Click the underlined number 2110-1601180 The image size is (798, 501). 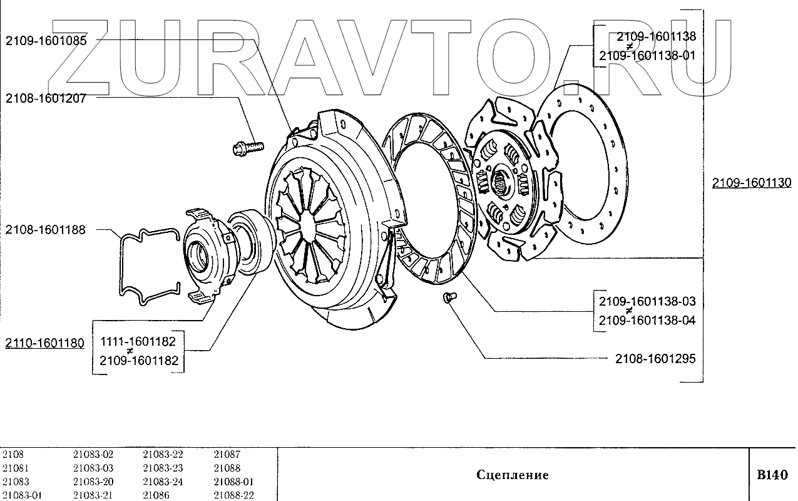tap(44, 343)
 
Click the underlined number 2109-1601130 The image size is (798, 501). tap(751, 183)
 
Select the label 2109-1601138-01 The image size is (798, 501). tap(647, 55)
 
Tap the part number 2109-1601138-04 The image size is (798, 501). tap(647, 320)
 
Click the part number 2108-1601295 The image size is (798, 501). tap(655, 359)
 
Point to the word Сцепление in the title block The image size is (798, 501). tap(512, 475)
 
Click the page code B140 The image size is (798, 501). tap(772, 475)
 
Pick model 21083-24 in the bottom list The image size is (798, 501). tap(163, 482)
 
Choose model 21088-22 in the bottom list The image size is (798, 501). tap(233, 495)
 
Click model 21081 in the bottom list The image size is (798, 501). tap(16, 468)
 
